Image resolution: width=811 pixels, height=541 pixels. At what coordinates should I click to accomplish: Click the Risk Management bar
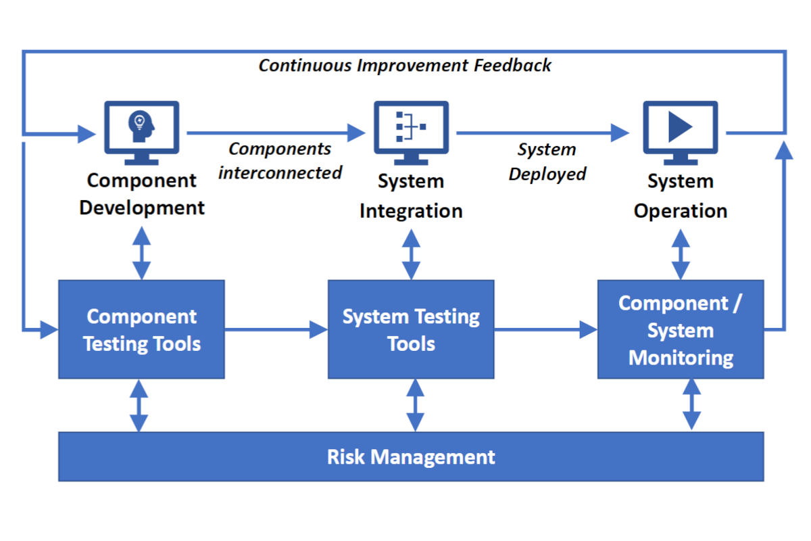point(411,456)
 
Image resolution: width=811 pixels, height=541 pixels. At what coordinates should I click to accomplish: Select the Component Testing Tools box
point(141,329)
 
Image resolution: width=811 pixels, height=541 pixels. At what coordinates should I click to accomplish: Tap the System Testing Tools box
point(411,329)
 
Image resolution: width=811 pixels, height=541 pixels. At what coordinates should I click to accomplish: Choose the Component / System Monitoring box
point(681,329)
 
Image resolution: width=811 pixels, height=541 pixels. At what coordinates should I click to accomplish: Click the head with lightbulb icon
point(141,126)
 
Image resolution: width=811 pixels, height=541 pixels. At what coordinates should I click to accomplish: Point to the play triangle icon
point(681,127)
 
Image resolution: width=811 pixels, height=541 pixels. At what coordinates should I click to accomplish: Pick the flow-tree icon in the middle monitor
point(411,126)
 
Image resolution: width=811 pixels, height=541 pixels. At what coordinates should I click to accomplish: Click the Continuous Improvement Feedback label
point(405,66)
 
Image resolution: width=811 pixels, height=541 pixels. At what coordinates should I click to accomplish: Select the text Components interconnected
point(280,160)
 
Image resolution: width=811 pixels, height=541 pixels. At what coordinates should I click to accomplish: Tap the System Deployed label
point(547,162)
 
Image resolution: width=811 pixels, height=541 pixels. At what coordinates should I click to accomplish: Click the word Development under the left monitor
point(142,208)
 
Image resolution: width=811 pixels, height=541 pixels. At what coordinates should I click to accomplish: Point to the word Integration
point(411,211)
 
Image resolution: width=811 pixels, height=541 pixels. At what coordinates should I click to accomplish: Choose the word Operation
point(681,211)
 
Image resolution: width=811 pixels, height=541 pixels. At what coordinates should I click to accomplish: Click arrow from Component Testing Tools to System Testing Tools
point(276,329)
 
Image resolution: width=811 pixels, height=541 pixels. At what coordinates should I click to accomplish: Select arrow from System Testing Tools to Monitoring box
point(546,329)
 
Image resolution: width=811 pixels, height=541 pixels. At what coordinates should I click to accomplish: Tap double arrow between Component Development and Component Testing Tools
point(141,253)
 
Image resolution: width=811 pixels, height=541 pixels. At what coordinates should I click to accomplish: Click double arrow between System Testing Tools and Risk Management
point(415,405)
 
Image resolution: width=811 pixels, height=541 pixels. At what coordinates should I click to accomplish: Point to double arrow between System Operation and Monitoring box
point(681,254)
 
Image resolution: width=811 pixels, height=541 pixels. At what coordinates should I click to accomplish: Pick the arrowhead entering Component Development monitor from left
point(87,134)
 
